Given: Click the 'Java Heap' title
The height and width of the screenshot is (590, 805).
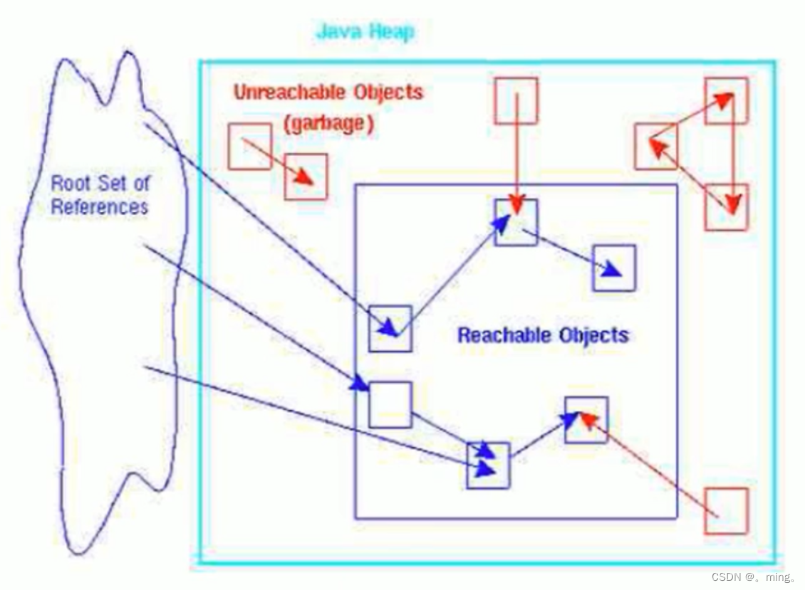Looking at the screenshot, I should pyautogui.click(x=365, y=32).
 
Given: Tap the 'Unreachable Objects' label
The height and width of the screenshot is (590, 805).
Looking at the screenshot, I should pyautogui.click(x=328, y=93).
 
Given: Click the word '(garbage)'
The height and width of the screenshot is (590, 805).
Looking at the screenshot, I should pyautogui.click(x=328, y=123).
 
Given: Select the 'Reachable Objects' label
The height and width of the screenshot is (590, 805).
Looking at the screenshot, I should pyautogui.click(x=543, y=335).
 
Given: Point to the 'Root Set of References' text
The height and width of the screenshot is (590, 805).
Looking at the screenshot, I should pyautogui.click(x=100, y=195).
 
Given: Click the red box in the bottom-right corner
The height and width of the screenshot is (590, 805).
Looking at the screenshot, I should pyautogui.click(x=726, y=510).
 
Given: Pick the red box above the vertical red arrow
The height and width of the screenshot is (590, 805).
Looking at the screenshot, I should pyautogui.click(x=516, y=100).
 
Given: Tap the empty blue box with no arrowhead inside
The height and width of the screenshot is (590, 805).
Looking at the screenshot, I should pyautogui.click(x=390, y=404).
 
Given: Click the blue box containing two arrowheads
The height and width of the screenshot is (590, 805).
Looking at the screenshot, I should pyautogui.click(x=488, y=465).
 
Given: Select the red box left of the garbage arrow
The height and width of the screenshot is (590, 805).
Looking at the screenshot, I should pyautogui.click(x=249, y=146).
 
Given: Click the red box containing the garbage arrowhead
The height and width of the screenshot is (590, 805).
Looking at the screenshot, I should pyautogui.click(x=306, y=176).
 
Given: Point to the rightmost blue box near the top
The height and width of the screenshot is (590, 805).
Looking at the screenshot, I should pyautogui.click(x=613, y=268).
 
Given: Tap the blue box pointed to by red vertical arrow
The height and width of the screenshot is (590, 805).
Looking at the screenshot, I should pyautogui.click(x=516, y=222).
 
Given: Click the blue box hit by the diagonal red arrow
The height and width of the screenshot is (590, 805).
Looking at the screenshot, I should pyautogui.click(x=586, y=420).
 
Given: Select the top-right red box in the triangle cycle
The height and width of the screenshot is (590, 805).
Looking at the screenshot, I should pyautogui.click(x=726, y=100).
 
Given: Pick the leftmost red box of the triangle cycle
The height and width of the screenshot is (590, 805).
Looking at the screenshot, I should pyautogui.click(x=655, y=146).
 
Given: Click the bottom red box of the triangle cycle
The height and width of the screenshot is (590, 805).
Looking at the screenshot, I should pyautogui.click(x=726, y=206).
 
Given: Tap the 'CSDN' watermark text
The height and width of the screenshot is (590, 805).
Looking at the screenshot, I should pyautogui.click(x=726, y=576).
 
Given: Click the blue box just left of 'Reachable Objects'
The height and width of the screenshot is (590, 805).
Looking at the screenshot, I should pyautogui.click(x=390, y=328).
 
